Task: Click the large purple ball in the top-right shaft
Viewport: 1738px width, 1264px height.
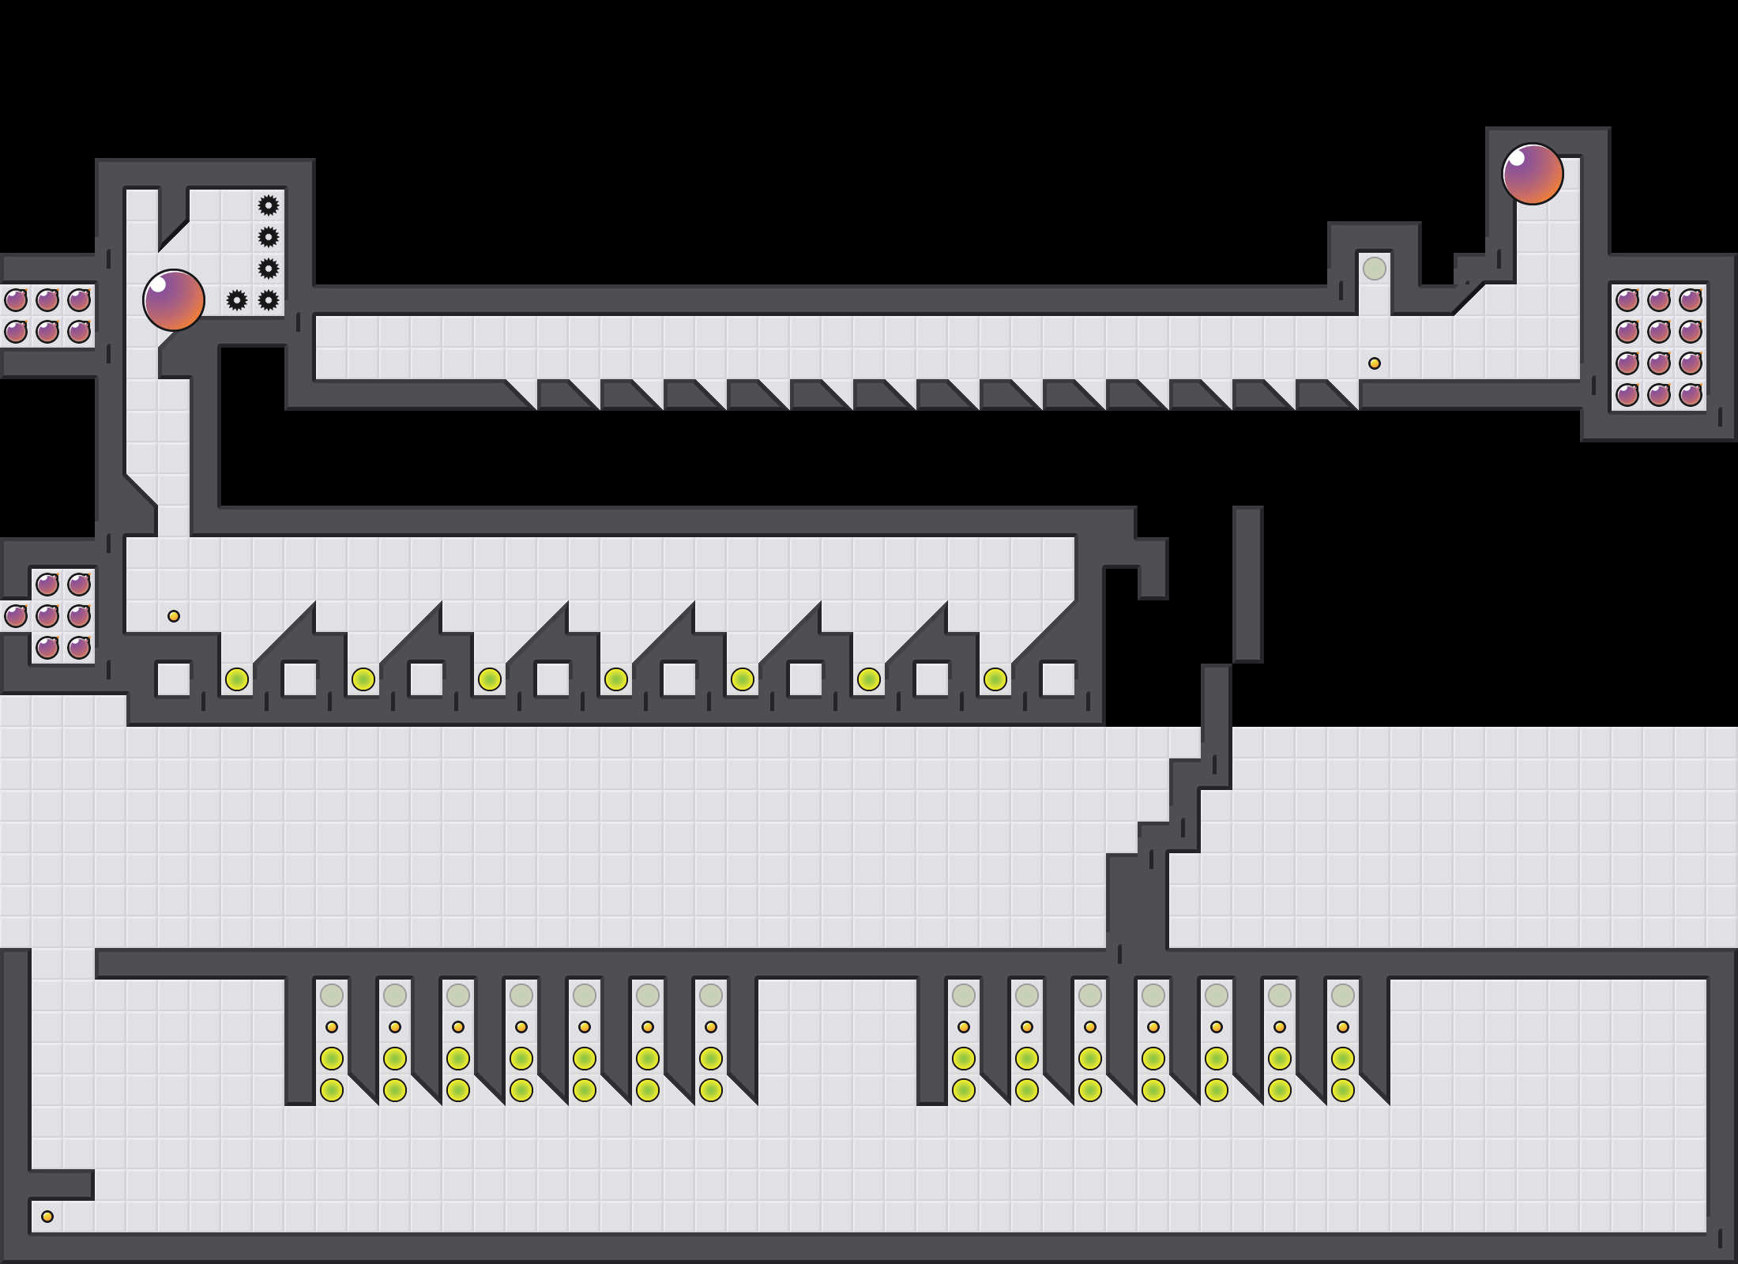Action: coord(1532,174)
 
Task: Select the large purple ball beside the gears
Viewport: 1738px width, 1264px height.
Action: coord(174,300)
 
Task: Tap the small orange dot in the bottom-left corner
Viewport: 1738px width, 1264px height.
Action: coord(47,1217)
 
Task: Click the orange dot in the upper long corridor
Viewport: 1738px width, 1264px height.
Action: coord(1375,363)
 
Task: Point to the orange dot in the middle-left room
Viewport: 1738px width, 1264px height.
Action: coord(174,616)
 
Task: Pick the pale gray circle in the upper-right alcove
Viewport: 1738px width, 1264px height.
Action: coord(1375,269)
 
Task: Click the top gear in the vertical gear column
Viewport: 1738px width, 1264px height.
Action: coord(269,205)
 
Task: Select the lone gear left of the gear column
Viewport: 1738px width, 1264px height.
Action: coord(237,300)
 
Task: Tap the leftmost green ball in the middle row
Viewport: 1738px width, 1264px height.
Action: coord(237,679)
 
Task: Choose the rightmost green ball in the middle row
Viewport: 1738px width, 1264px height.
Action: coord(995,679)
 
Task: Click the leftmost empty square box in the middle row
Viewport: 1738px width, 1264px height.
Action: coord(174,679)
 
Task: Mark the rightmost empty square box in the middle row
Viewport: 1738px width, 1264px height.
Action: coord(1059,679)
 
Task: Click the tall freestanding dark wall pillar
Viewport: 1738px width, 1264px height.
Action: coord(1248,585)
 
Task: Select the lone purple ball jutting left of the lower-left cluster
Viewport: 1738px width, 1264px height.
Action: coord(16,616)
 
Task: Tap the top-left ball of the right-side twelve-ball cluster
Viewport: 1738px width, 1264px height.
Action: coord(1627,300)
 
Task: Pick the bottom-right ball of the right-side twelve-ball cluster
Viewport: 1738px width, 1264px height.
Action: coord(1691,395)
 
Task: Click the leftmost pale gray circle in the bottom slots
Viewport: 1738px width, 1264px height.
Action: coord(332,995)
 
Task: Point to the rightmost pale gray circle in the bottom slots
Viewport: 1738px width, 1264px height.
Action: coord(1343,995)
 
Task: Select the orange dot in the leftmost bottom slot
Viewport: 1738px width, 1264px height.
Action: coord(332,1027)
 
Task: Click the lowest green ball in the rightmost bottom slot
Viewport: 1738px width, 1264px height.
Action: coord(1343,1090)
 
